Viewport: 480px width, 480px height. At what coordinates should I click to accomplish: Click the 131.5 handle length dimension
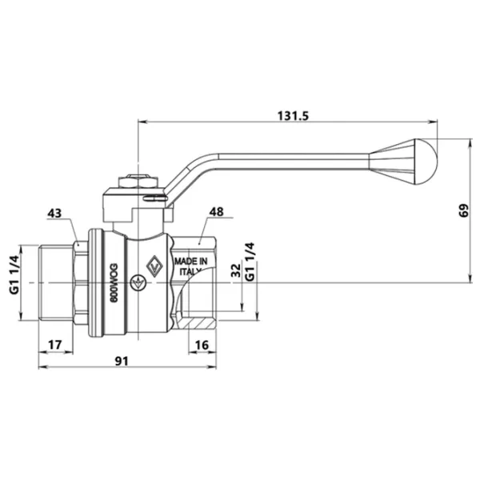[x=293, y=116]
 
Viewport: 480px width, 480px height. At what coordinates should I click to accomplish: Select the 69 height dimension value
[x=464, y=210]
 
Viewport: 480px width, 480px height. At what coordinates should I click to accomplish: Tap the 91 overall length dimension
[x=122, y=362]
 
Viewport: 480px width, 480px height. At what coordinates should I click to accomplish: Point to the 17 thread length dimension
[x=55, y=345]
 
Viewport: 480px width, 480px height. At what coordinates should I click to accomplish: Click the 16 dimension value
[x=202, y=345]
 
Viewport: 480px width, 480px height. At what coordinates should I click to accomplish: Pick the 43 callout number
[x=54, y=213]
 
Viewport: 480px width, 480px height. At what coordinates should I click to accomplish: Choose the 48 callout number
[x=217, y=212]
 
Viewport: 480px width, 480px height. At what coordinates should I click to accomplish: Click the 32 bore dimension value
[x=236, y=270]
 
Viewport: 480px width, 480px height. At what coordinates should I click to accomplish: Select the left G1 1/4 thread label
[x=14, y=274]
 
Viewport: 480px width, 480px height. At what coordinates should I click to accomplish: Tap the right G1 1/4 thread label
[x=250, y=262]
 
